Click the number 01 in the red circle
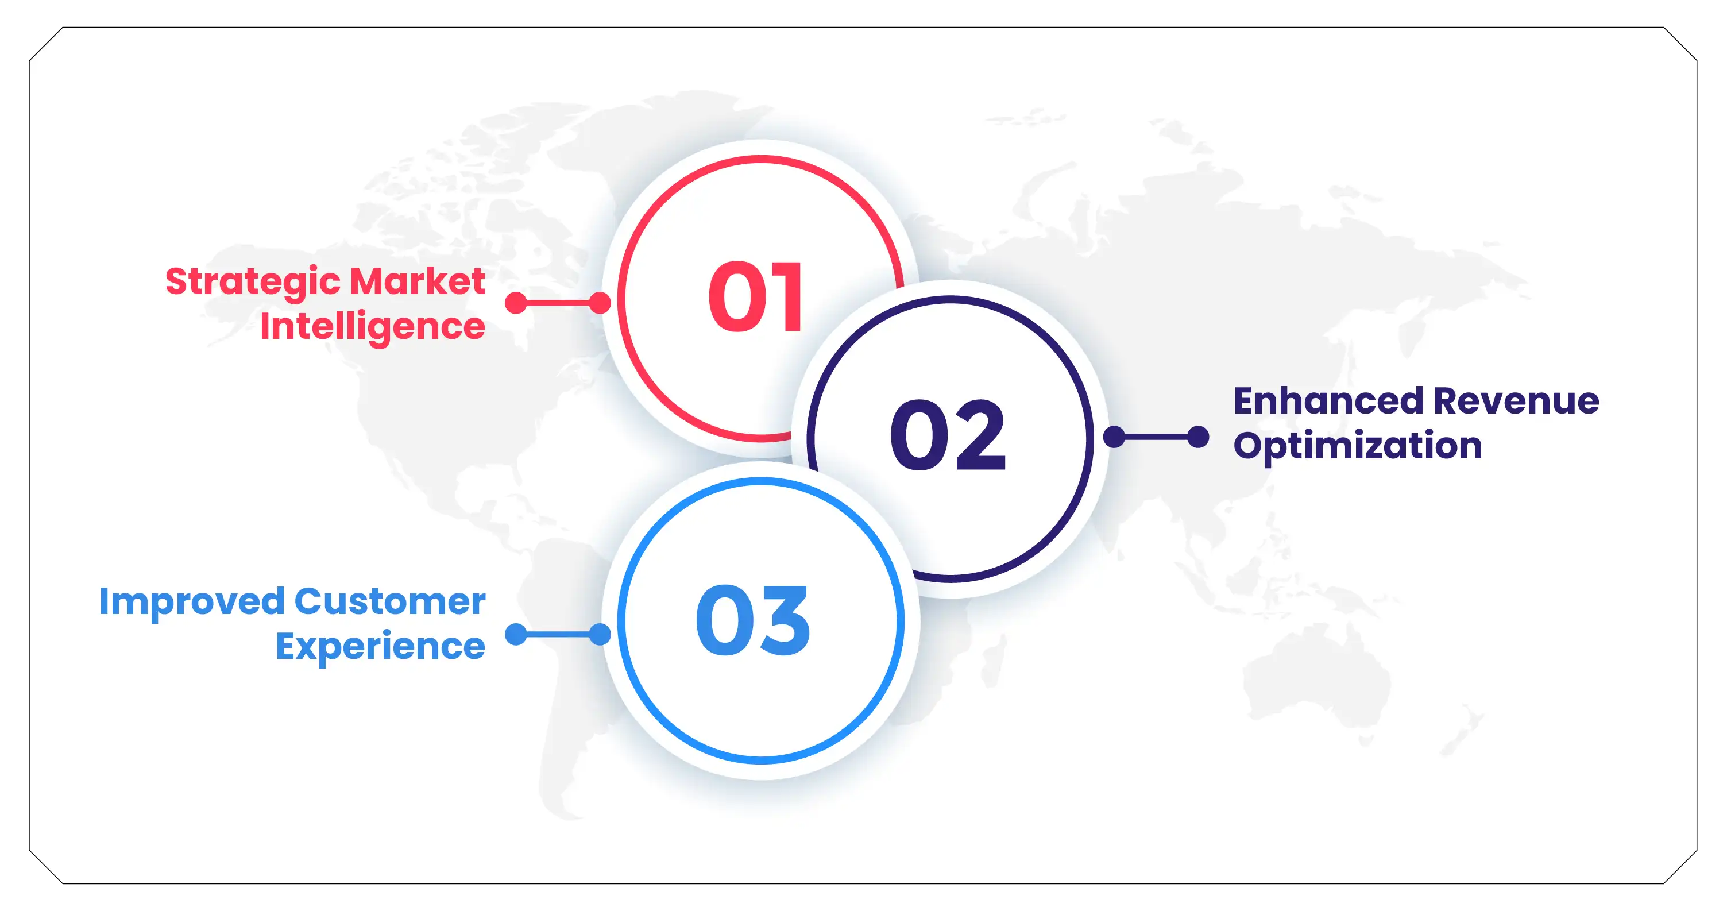[x=756, y=296]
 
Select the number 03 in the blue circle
[x=752, y=620]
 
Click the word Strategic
[x=253, y=282]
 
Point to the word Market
[x=417, y=281]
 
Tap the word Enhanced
[x=1328, y=401]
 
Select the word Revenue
[x=1516, y=401]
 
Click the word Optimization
[x=1358, y=446]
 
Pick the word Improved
[x=191, y=601]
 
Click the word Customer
[x=389, y=601]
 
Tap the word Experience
[x=380, y=647]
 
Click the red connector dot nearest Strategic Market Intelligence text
[x=516, y=302]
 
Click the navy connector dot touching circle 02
[x=1114, y=437]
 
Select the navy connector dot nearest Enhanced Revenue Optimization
[x=1198, y=437]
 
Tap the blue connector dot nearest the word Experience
[x=516, y=634]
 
